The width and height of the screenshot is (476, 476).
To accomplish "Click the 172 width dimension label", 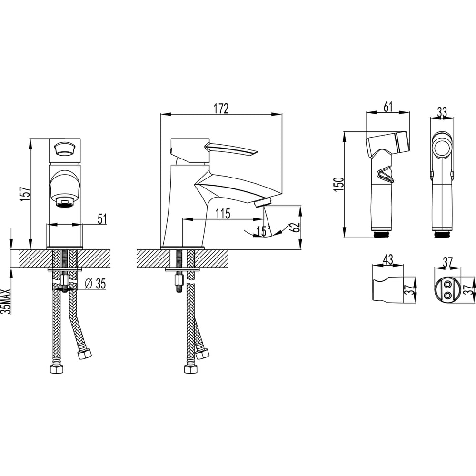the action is click(x=221, y=109).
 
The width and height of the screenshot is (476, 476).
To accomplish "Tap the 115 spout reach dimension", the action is click(x=223, y=214).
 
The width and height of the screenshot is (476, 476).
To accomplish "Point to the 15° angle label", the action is click(x=264, y=231).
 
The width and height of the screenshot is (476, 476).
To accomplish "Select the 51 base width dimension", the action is click(x=102, y=219).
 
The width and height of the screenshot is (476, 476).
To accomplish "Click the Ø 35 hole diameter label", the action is click(x=96, y=284).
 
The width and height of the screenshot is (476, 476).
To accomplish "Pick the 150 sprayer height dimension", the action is click(x=338, y=184).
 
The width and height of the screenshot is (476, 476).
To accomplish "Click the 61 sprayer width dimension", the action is click(x=388, y=107).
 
